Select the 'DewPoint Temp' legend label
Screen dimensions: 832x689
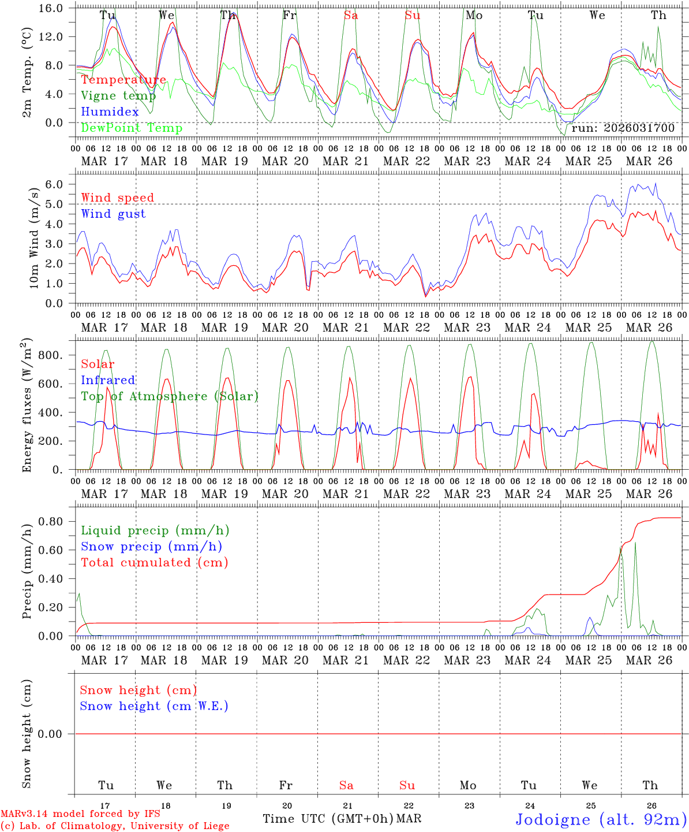(x=132, y=128)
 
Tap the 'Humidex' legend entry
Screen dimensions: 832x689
(x=110, y=112)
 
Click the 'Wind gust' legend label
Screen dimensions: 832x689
(x=113, y=214)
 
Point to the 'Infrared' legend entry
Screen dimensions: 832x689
(x=108, y=380)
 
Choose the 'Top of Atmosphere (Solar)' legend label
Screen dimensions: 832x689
(x=170, y=396)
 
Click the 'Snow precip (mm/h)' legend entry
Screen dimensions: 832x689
(x=151, y=547)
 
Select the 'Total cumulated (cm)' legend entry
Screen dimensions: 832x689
(x=154, y=563)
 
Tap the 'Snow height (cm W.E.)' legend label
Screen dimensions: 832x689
(x=154, y=706)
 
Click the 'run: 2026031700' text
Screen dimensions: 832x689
(x=623, y=128)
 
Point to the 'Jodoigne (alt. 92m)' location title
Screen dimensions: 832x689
(x=601, y=819)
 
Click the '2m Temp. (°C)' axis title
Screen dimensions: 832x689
(x=27, y=72)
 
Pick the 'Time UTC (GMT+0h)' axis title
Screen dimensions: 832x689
(x=328, y=819)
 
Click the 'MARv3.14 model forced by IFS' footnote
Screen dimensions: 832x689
(x=80, y=814)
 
